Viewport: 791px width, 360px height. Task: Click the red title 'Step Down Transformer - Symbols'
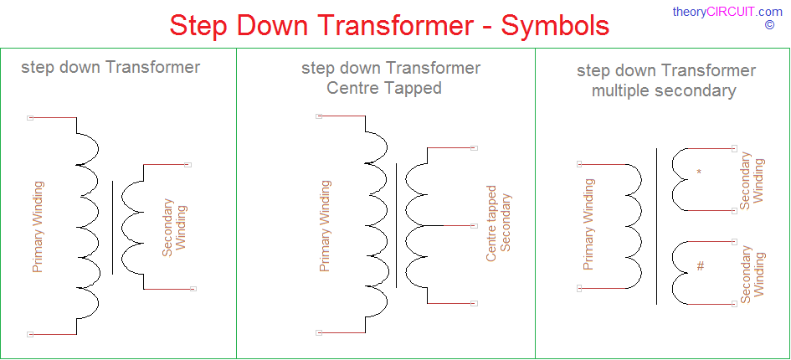tap(389, 25)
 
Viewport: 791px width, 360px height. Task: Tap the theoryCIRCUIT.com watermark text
tap(727, 12)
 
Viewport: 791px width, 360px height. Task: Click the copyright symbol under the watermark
tap(769, 25)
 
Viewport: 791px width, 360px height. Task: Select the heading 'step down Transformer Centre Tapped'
tap(391, 78)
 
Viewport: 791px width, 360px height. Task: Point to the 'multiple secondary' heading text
tap(664, 91)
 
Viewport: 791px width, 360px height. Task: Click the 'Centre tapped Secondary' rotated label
tap(498, 224)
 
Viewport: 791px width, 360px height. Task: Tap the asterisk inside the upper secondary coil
tap(699, 172)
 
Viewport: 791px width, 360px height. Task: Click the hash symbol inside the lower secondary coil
tap(701, 265)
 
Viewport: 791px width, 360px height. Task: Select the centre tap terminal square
tap(474, 226)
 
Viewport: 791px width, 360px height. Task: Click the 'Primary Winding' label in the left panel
tap(38, 227)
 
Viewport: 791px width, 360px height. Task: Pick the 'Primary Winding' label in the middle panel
tap(325, 226)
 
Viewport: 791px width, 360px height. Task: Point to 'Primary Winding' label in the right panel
tap(588, 224)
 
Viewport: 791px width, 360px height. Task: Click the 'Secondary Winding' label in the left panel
tap(175, 227)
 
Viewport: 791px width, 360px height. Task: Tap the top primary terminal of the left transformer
tap(30, 118)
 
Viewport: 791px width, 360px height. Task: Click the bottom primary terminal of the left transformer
tap(30, 334)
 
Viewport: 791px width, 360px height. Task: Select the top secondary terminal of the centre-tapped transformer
tap(474, 148)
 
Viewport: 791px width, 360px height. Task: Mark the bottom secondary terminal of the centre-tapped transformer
tap(474, 303)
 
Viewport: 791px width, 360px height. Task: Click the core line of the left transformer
tap(112, 227)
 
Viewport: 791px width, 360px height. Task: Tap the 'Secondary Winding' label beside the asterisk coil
tap(752, 181)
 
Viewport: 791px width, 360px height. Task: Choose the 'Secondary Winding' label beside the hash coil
tap(752, 275)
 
